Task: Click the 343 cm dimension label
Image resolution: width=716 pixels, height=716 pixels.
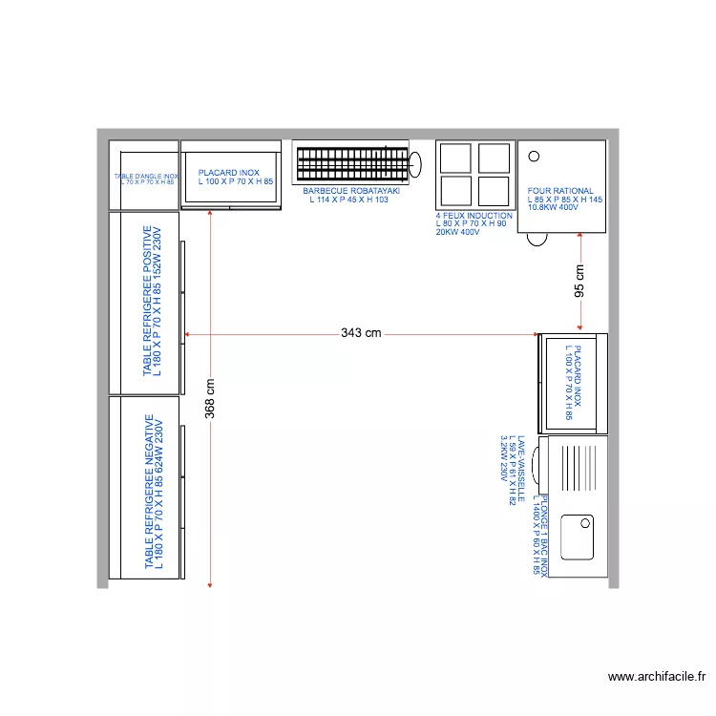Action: point(361,333)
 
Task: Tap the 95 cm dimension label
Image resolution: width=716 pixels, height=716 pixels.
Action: point(579,281)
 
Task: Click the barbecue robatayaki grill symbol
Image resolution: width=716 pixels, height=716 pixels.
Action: point(351,165)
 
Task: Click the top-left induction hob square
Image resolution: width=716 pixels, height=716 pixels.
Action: point(454,158)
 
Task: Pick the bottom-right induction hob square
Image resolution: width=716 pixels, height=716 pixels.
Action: point(495,190)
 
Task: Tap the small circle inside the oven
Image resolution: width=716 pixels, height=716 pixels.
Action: point(534,157)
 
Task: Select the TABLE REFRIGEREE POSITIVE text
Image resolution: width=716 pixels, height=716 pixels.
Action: point(153,303)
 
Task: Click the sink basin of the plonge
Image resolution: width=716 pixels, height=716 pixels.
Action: point(578,537)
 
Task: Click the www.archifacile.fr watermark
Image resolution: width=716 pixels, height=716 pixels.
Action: point(657,677)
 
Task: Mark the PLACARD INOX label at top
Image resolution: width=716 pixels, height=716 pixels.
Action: point(235,177)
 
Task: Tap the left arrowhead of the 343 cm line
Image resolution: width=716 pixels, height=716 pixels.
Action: point(187,334)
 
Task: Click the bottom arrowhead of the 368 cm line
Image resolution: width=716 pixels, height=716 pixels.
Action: point(211,583)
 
